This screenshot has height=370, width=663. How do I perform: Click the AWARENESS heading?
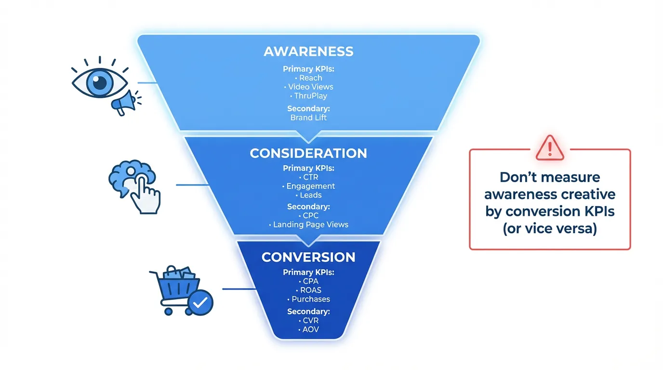point(308,52)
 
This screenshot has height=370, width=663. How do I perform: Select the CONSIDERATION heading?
point(308,153)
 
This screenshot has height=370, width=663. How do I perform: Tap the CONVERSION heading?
point(308,257)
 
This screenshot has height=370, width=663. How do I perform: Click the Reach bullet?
point(310,78)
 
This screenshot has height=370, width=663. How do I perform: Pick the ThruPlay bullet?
point(310,96)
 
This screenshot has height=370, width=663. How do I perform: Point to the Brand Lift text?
point(308,118)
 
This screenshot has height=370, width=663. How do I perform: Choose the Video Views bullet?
point(310,87)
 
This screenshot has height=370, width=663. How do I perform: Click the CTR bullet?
point(310,177)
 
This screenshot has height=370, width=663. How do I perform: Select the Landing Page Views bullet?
point(310,225)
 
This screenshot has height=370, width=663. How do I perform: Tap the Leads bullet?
point(310,195)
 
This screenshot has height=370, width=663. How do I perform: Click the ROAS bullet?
point(310,290)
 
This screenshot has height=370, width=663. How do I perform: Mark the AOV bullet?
point(310,330)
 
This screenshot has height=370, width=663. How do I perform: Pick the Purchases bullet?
point(310,299)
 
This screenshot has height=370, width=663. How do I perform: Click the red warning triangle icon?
point(549,147)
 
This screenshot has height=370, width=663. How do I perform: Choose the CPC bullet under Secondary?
point(310,215)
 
